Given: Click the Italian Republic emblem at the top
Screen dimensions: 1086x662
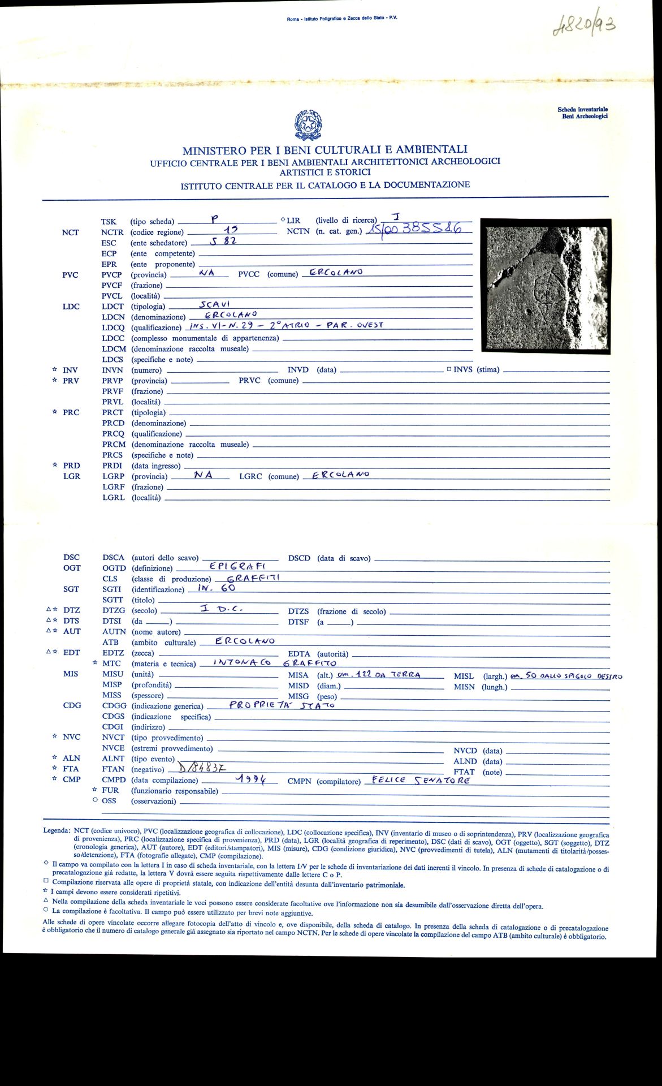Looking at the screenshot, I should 309,125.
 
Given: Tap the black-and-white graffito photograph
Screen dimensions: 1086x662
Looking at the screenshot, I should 546,287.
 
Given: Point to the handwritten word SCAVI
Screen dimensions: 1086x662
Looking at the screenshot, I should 214,304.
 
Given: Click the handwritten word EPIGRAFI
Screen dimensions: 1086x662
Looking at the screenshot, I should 237,566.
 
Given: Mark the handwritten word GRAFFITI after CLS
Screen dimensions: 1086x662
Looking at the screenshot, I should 253,578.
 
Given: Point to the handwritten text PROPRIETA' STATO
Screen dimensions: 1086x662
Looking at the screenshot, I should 282,705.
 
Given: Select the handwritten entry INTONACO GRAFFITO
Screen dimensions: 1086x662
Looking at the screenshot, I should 275,662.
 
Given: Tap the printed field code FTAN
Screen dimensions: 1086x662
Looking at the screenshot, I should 113,769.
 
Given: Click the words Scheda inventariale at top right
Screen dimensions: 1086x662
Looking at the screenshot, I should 582,110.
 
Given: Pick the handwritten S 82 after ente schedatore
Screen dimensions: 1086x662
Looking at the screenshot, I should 222,240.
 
